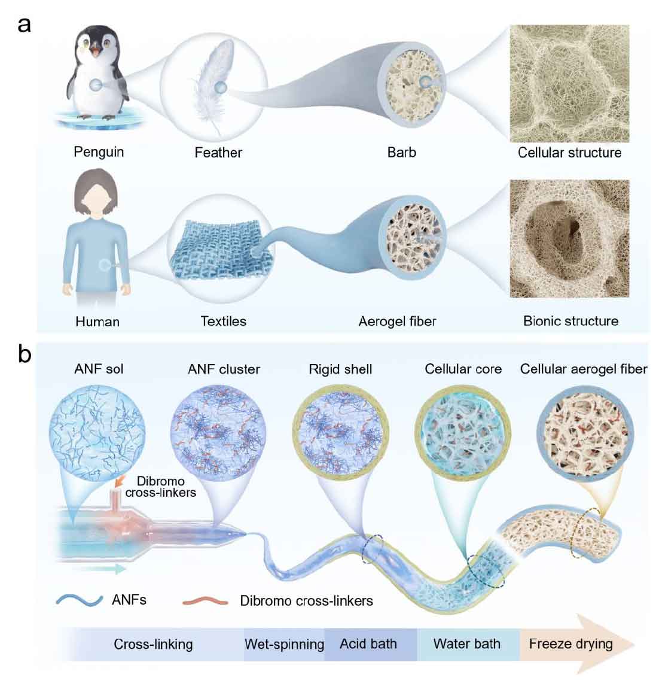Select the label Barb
(401, 153)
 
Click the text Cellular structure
(569, 153)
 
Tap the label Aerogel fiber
(397, 321)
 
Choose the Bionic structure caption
(570, 321)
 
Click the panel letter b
(25, 354)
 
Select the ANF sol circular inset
(97, 433)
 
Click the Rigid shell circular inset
(341, 433)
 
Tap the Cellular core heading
(463, 369)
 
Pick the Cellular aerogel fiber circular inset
(585, 434)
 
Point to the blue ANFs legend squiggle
(80, 600)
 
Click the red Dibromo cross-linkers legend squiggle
(205, 602)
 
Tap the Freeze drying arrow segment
(574, 644)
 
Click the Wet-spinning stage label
(285, 644)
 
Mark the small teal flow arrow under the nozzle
(105, 569)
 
